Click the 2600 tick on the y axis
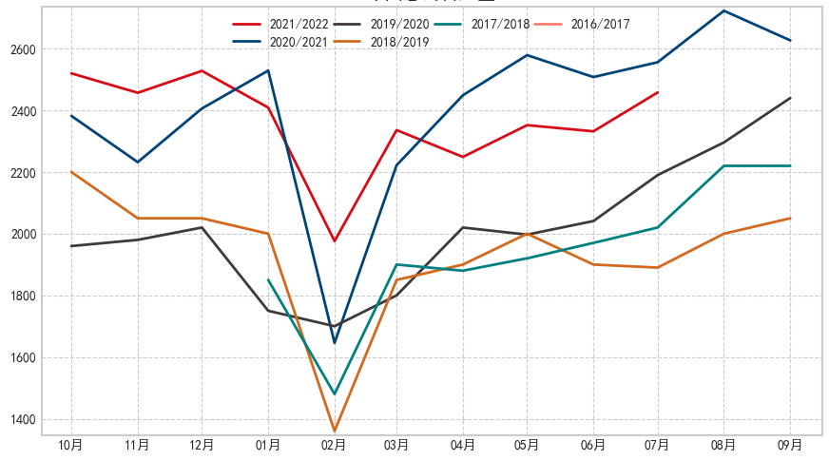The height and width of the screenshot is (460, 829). click(x=23, y=49)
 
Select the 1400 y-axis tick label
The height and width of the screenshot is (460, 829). click(x=23, y=419)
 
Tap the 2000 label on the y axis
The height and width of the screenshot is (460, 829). click(x=23, y=235)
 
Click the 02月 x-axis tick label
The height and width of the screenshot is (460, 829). click(x=334, y=445)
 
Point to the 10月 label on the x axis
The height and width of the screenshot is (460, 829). click(x=71, y=445)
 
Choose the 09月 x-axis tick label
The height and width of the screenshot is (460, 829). click(x=790, y=445)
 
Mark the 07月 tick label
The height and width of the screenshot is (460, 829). click(x=658, y=445)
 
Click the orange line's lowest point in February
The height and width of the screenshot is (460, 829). click(x=335, y=431)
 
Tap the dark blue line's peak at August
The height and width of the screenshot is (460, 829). click(x=724, y=10)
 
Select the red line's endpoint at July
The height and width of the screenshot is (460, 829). click(x=658, y=92)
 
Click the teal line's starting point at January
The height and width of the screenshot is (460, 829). click(x=268, y=279)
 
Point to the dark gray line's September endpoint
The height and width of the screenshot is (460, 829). click(x=790, y=98)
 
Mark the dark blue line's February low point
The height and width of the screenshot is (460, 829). click(x=335, y=343)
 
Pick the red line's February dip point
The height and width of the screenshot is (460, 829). click(x=335, y=241)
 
